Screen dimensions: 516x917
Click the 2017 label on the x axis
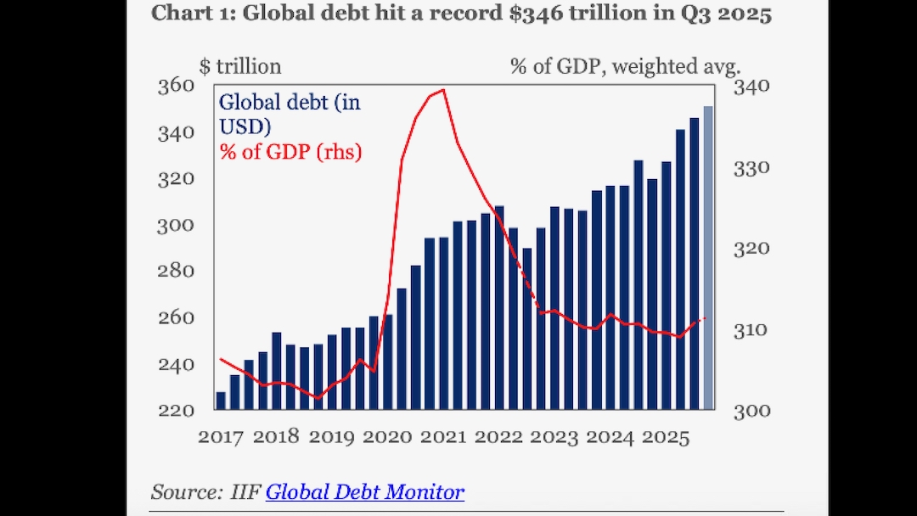pyautogui.click(x=220, y=437)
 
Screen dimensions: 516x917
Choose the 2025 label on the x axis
pyautogui.click(x=667, y=437)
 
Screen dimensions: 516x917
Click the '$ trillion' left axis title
pyautogui.click(x=239, y=65)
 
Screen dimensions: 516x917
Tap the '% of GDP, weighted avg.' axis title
pyautogui.click(x=626, y=65)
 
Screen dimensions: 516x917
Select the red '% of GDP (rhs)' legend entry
pyautogui.click(x=291, y=153)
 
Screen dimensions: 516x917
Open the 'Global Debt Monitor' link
pyautogui.click(x=365, y=491)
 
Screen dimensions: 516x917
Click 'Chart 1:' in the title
pyautogui.click(x=189, y=14)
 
